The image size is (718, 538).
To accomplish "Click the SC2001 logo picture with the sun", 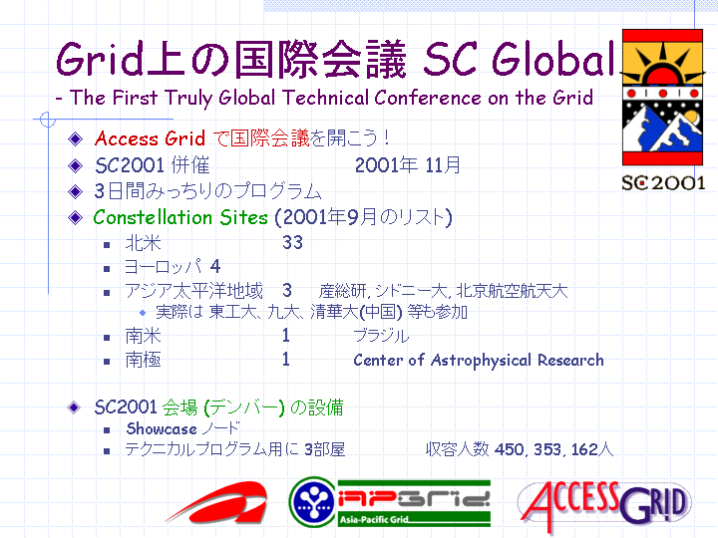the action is (662, 97).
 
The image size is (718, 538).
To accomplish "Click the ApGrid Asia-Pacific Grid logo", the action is (390, 502).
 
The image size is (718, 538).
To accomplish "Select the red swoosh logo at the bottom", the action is (217, 502).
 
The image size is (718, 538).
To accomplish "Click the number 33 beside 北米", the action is (292, 242).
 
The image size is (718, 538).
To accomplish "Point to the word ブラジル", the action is (381, 337).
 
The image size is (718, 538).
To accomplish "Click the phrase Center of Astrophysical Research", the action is (479, 361).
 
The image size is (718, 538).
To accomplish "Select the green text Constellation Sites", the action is (180, 217).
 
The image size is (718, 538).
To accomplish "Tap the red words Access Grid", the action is (150, 138).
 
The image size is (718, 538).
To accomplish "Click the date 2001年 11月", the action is (408, 165).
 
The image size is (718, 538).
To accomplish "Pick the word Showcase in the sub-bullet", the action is (162, 429).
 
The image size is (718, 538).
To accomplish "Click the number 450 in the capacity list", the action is (509, 449).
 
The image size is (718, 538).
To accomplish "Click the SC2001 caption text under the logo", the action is (663, 183).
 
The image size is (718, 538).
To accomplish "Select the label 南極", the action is (144, 361).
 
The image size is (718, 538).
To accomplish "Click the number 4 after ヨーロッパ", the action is (215, 266).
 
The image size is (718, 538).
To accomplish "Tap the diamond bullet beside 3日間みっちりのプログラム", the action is (75, 191).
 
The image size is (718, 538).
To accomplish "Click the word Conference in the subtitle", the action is (428, 98).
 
